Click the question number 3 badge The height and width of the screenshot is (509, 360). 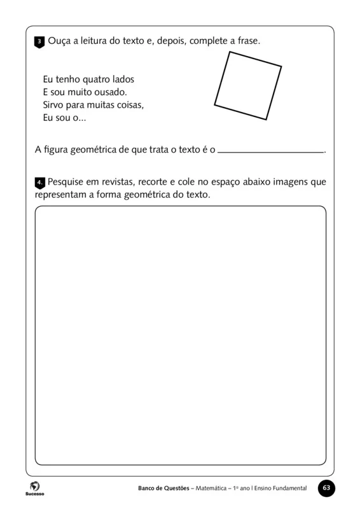39,42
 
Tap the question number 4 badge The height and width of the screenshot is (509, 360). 39,183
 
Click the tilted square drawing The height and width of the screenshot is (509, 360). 248,85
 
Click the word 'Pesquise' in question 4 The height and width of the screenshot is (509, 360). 67,182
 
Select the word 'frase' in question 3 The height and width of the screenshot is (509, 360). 246,41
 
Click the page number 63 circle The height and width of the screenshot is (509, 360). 326,488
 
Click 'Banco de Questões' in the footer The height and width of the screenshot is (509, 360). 163,489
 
